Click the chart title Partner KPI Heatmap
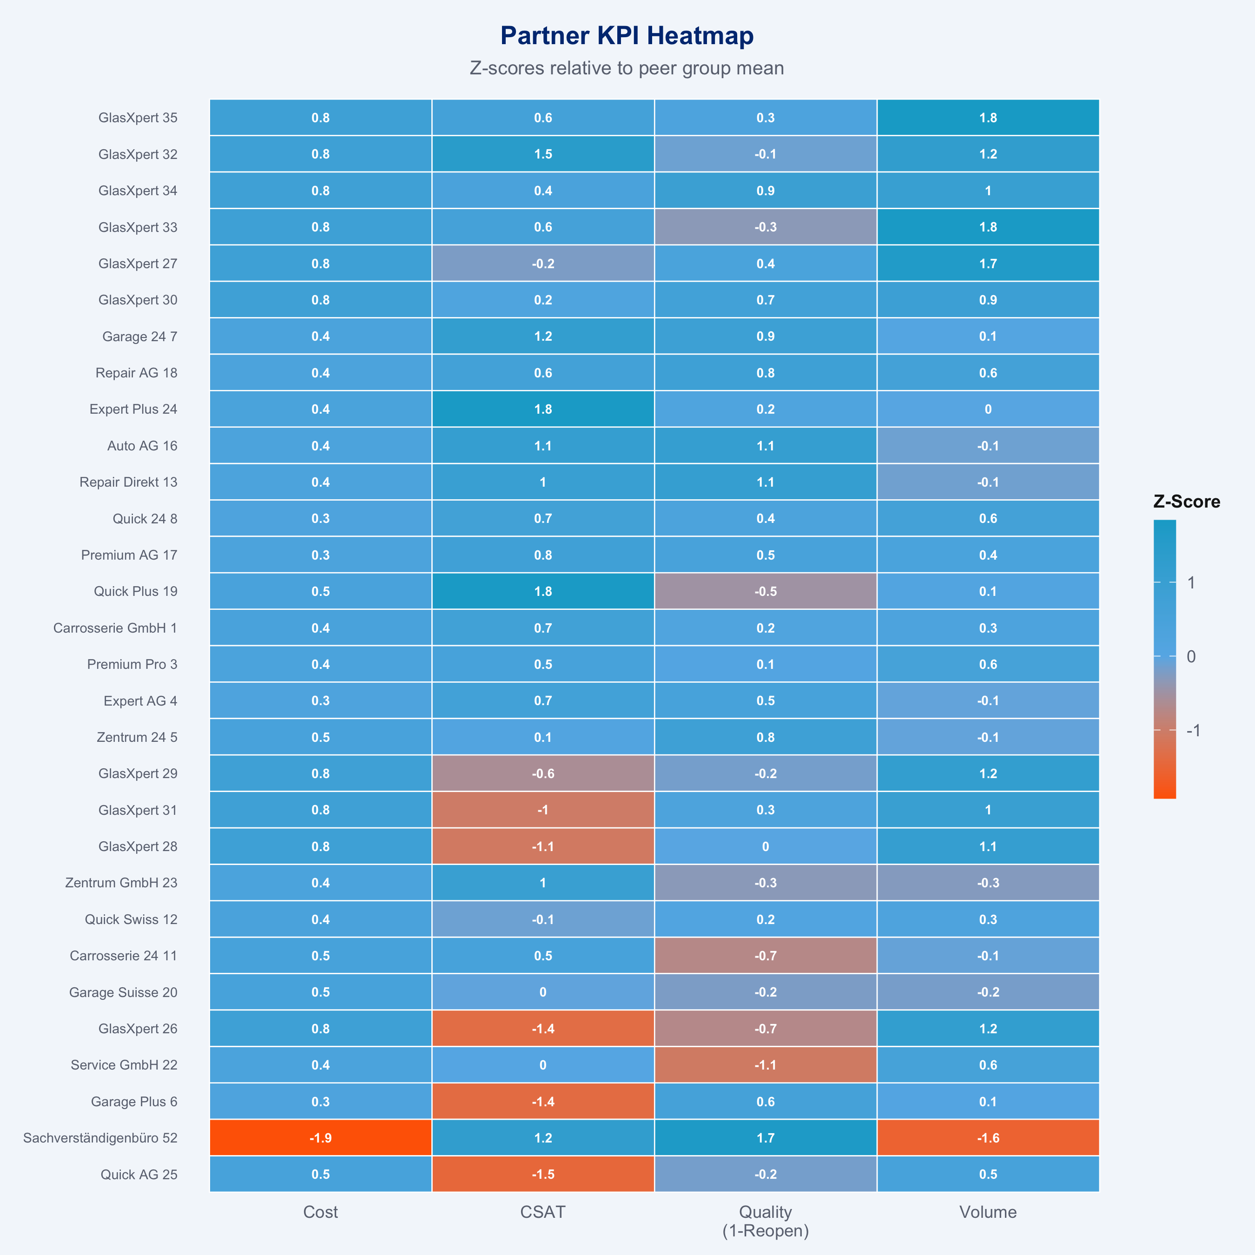[x=627, y=36]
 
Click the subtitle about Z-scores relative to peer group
[x=627, y=68]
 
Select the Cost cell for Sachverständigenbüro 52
[x=321, y=1137]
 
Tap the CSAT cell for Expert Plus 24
[x=543, y=409]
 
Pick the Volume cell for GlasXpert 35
[x=988, y=118]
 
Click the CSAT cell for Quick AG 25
[x=543, y=1174]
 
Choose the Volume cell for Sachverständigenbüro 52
[x=988, y=1137]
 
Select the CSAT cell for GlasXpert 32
[x=543, y=154]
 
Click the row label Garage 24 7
[x=139, y=337]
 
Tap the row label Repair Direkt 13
[x=129, y=482]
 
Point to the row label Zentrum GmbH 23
[x=121, y=883]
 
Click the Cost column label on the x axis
[x=321, y=1212]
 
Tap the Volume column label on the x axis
[x=988, y=1212]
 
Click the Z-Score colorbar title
[x=1186, y=502]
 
